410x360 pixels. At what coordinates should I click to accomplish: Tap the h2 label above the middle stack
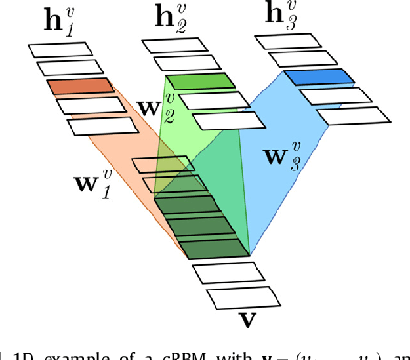pos(174,20)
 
